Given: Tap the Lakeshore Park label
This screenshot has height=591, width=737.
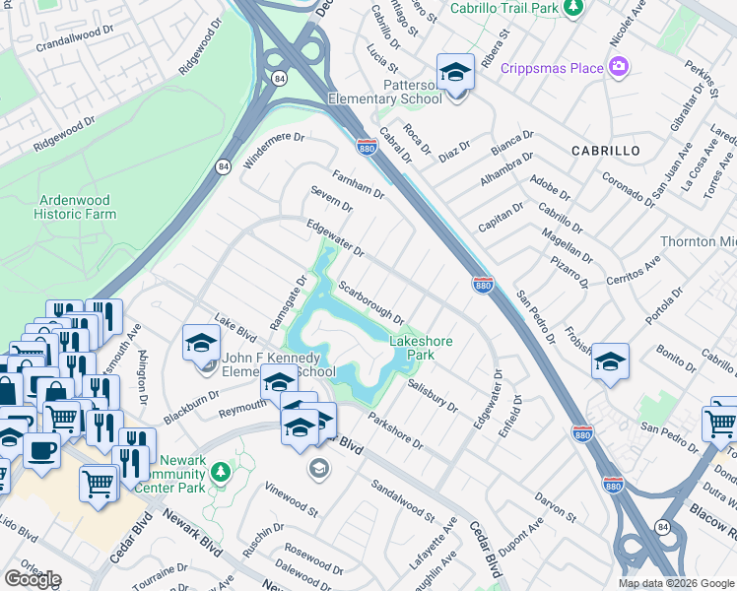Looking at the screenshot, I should click(421, 349).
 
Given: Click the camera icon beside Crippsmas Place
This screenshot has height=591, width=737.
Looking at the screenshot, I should click(619, 67).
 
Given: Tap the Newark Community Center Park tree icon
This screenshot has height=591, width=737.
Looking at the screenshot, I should click(223, 472).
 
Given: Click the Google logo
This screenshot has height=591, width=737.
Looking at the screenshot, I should click(33, 579).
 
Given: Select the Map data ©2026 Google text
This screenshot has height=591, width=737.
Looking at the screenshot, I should click(675, 583).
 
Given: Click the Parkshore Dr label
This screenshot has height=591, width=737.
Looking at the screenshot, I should click(395, 430).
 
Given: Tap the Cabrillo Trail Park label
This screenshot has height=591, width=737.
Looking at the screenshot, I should click(503, 8).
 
